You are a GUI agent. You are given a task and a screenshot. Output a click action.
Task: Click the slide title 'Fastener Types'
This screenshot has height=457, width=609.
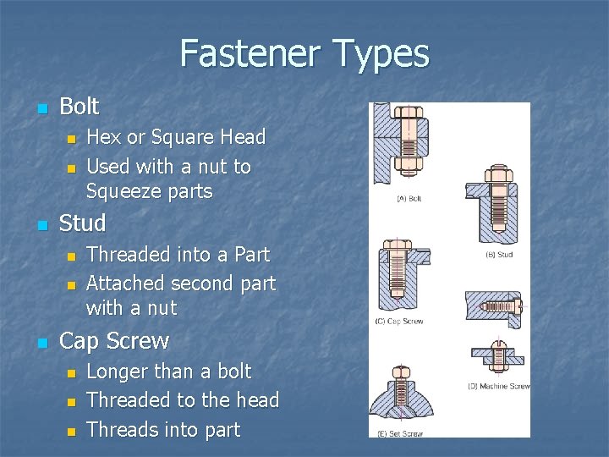(x=304, y=54)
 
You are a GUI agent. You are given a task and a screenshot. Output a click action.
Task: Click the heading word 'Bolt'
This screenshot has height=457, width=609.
(x=80, y=107)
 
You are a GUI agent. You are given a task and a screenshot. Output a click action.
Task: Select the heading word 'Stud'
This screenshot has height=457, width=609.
(x=83, y=224)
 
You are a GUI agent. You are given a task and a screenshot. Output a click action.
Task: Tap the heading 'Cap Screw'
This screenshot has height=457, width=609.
(x=114, y=341)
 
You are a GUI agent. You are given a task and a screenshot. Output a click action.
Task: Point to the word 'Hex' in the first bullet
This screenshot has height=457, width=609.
(x=102, y=137)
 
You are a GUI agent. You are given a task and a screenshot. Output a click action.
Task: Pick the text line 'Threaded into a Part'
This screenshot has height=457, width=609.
(x=178, y=254)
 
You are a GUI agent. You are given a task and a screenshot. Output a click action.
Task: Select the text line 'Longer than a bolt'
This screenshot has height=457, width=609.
(x=169, y=372)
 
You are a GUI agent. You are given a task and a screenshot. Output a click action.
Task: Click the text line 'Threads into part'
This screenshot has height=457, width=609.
(x=163, y=430)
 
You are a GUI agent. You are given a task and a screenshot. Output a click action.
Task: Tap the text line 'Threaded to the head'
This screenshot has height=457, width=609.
(x=183, y=400)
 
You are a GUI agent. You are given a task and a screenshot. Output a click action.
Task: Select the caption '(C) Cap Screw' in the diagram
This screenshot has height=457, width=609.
(x=400, y=321)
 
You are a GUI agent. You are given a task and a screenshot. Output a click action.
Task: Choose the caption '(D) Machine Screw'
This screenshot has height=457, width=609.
(x=498, y=386)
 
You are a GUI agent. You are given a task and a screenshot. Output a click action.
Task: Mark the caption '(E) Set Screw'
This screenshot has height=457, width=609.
(x=401, y=433)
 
